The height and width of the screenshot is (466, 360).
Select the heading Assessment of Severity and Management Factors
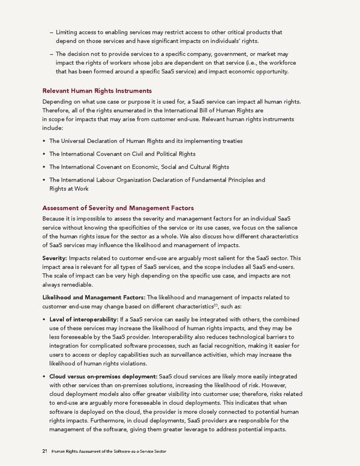(118, 208)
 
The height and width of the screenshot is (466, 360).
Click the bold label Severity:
(57, 257)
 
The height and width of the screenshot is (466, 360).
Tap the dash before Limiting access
(52, 31)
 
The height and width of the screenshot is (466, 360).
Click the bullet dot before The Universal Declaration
(45, 141)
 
